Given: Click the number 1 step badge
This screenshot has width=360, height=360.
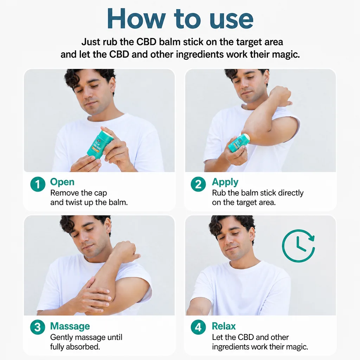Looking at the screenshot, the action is click(38, 184).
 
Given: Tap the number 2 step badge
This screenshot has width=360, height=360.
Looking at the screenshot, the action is click(198, 184).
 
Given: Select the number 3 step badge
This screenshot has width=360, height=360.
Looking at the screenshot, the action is click(38, 327).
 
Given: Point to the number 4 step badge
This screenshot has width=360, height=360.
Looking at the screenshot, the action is click(198, 327).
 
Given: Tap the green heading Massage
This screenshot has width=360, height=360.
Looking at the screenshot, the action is click(70, 326).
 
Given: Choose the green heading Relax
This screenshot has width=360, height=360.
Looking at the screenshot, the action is click(224, 326).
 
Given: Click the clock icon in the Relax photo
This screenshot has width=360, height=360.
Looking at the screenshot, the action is click(298, 246).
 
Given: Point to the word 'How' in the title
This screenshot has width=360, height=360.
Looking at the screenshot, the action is click(136, 18).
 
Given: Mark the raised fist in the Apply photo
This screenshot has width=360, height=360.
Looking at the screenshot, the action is click(281, 96).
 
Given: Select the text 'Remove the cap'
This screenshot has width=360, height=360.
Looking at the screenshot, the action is click(78, 193).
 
